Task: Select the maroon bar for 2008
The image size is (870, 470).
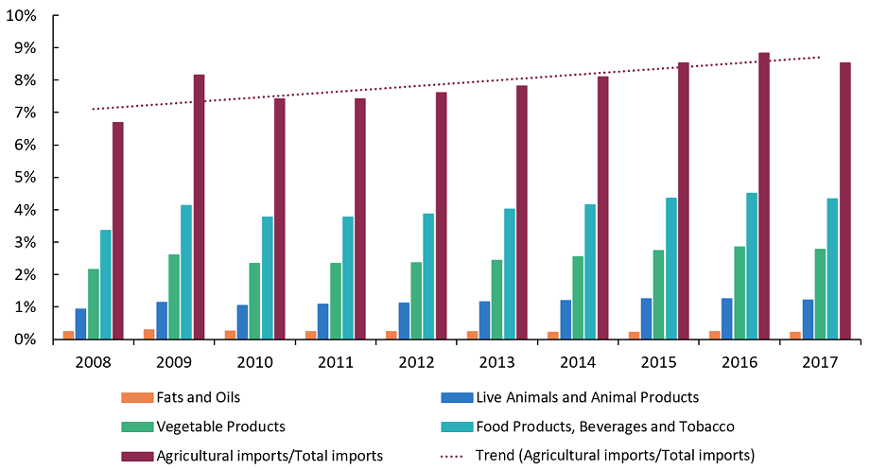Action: pos(117,231)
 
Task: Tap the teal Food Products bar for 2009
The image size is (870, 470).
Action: pos(186,272)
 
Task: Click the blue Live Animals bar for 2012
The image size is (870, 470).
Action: pos(405,321)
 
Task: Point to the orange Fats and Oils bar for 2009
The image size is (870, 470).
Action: pos(149,334)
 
